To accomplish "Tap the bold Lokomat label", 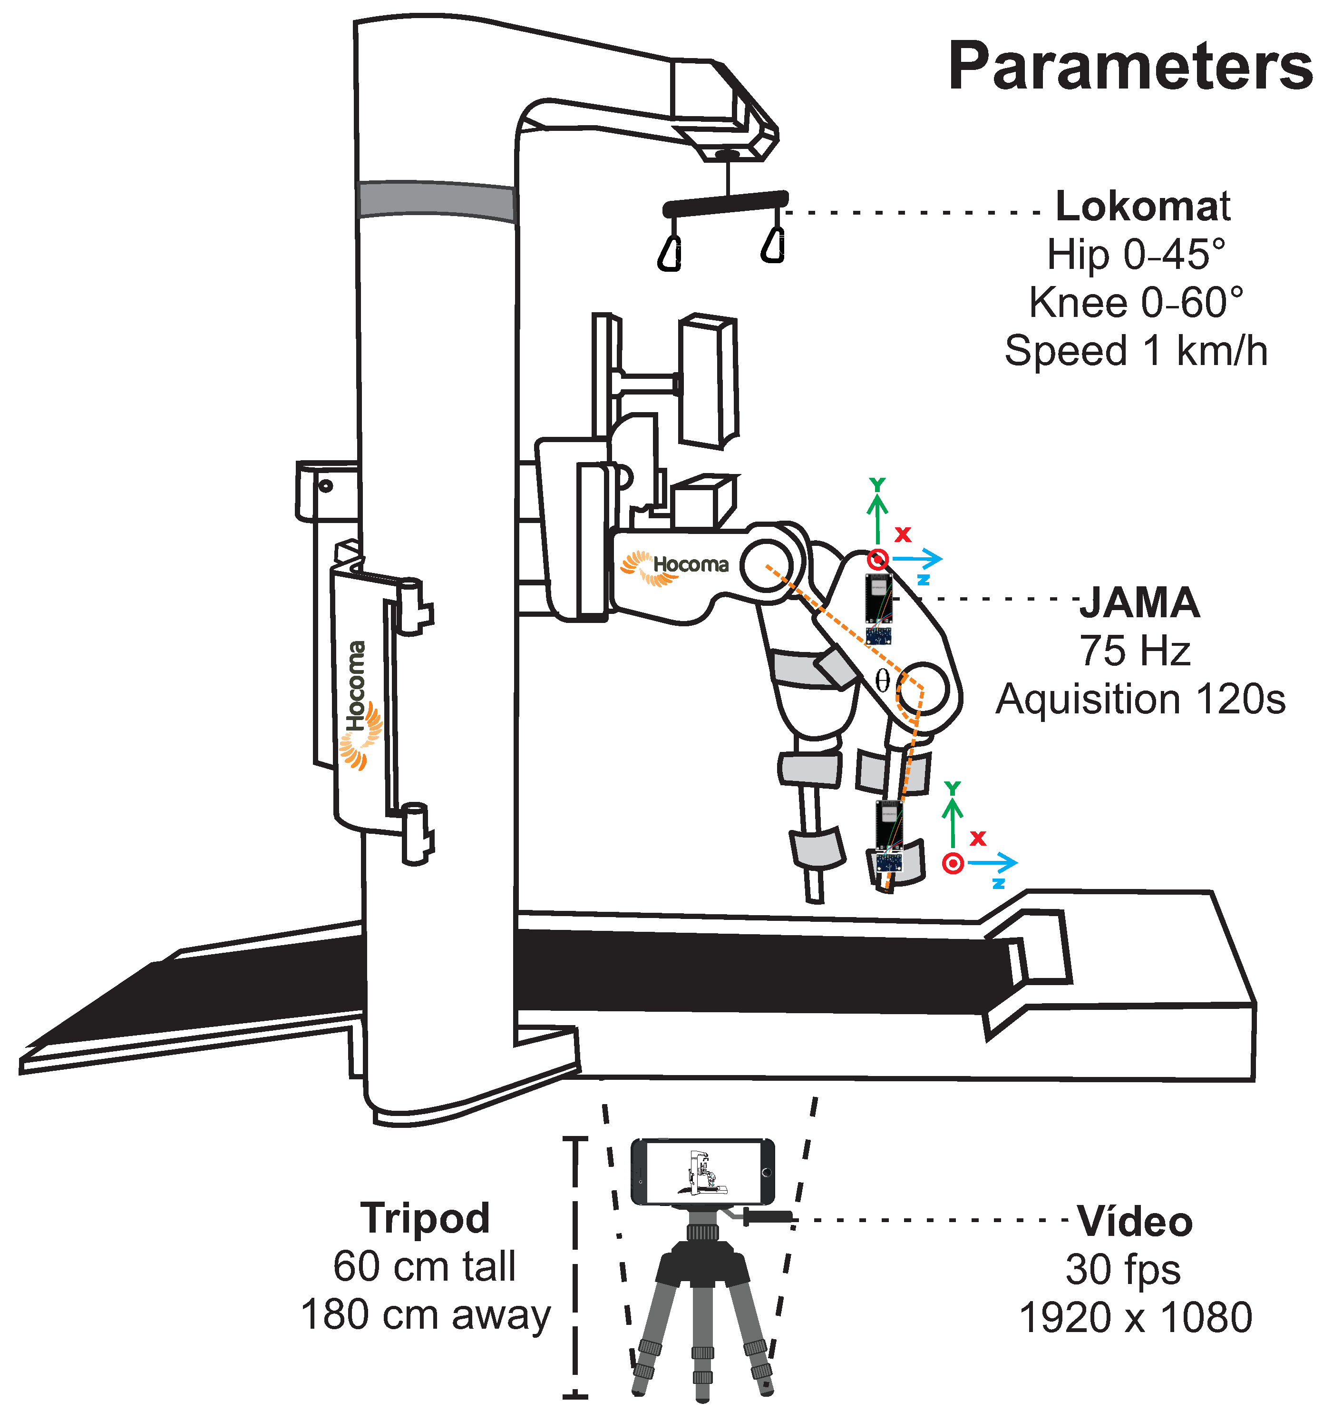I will (1143, 206).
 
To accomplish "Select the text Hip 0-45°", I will (1136, 255).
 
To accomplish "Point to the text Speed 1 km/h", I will (1136, 351).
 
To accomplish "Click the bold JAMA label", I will (1140, 603).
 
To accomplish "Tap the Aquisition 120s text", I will (1140, 700).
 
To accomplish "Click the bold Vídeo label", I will (1134, 1222).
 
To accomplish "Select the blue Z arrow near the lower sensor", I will (992, 863).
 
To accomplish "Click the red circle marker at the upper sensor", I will (879, 559).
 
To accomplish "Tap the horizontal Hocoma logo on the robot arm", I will (675, 566).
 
